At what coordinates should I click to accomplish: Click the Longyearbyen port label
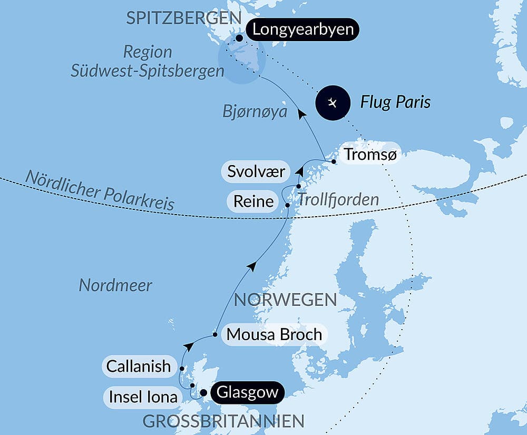[x=302, y=30]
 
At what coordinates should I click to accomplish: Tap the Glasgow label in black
[x=247, y=393]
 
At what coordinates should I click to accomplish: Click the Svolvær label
[x=256, y=171]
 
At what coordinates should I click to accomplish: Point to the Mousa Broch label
[x=274, y=334]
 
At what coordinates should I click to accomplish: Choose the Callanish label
[x=139, y=366]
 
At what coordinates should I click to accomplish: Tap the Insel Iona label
[x=143, y=397]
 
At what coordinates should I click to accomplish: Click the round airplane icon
[x=333, y=102]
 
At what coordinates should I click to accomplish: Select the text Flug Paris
[x=395, y=102]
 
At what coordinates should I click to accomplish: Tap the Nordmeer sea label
[x=115, y=285]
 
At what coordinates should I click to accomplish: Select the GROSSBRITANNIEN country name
[x=223, y=421]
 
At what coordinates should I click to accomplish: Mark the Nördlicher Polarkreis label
[x=100, y=190]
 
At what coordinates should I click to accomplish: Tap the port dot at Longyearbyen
[x=240, y=38]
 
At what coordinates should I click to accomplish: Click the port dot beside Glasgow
[x=203, y=393]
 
